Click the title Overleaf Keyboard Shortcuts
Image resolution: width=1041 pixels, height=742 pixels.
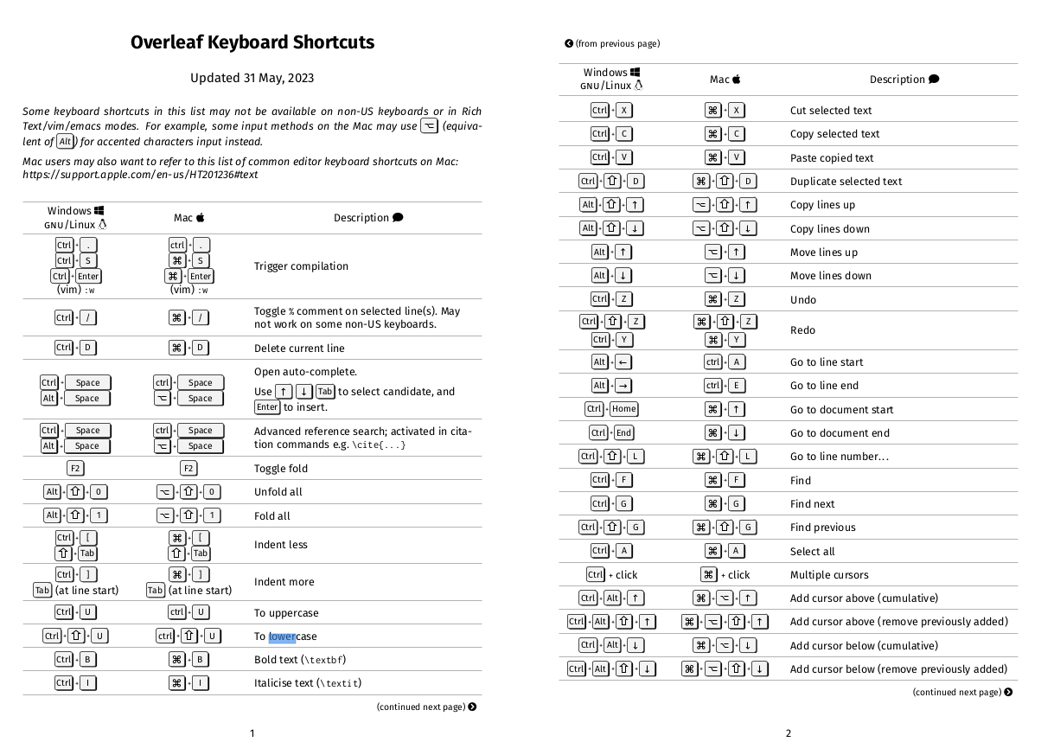[x=252, y=42]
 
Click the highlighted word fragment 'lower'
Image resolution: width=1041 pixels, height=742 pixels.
[x=282, y=636]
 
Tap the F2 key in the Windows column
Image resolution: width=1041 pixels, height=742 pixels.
[x=75, y=469]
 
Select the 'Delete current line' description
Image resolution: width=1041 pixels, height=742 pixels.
[x=299, y=349]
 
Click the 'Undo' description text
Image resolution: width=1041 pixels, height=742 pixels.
[x=802, y=300]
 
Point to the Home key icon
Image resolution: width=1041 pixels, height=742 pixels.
[x=623, y=410]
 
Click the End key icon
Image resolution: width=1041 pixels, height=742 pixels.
[x=623, y=433]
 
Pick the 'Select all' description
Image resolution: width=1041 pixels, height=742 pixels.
[x=812, y=552]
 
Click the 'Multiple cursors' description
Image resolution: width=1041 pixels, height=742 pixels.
[x=829, y=575]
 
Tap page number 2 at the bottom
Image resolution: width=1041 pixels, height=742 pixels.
[x=789, y=733]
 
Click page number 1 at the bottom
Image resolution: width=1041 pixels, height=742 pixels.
[x=252, y=733]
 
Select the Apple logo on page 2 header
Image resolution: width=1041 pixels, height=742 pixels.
[x=737, y=80]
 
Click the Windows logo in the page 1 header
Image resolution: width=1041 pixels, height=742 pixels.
[x=99, y=211]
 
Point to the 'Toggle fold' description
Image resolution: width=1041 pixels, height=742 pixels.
[x=281, y=469]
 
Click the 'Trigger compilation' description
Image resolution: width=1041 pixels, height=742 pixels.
[x=301, y=266]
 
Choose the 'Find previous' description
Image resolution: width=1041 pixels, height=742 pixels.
[x=822, y=528]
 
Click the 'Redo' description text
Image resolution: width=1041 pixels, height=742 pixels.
[x=802, y=330]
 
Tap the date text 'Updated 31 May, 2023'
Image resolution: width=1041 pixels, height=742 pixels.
[x=252, y=78]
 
